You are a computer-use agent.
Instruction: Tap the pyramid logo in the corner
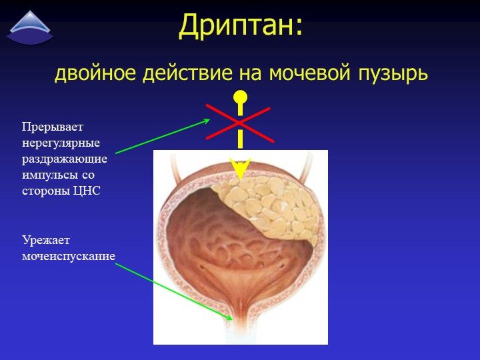coord(30,28)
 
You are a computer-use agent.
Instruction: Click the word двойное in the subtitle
coord(95,73)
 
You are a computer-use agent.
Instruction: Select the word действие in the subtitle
coord(187,73)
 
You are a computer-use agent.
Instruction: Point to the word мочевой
coord(309,73)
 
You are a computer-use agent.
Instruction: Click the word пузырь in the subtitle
coord(393,73)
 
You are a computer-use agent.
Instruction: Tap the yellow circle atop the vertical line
coord(240,97)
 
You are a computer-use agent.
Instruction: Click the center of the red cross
coord(239,123)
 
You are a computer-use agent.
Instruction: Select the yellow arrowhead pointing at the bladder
coord(240,169)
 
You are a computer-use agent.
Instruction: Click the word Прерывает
coord(53,127)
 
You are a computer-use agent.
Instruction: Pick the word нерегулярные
coord(61,143)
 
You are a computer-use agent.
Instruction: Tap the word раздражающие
coord(65,159)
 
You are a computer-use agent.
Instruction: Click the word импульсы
coord(49,175)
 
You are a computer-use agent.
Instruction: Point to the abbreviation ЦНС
coord(87,191)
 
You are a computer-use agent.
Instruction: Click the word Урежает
coord(46,240)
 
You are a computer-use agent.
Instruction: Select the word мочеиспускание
coord(69,256)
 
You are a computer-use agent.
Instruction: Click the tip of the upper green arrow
coord(210,120)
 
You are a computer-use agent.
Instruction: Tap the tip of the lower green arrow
coord(233,319)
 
